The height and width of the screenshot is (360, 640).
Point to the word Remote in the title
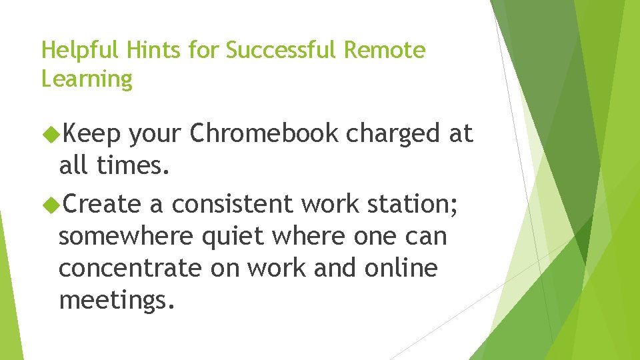click(x=385, y=50)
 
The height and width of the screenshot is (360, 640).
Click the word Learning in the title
click(x=87, y=79)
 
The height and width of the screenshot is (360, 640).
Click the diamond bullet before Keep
click(x=50, y=135)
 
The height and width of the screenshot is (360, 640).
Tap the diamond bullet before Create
click(x=50, y=204)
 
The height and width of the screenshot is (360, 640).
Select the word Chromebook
click(x=264, y=134)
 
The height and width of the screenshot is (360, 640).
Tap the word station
click(x=407, y=204)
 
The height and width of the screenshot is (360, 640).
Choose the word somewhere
click(x=121, y=236)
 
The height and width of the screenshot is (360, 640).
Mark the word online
click(x=401, y=268)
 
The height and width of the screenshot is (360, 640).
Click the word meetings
click(x=117, y=301)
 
